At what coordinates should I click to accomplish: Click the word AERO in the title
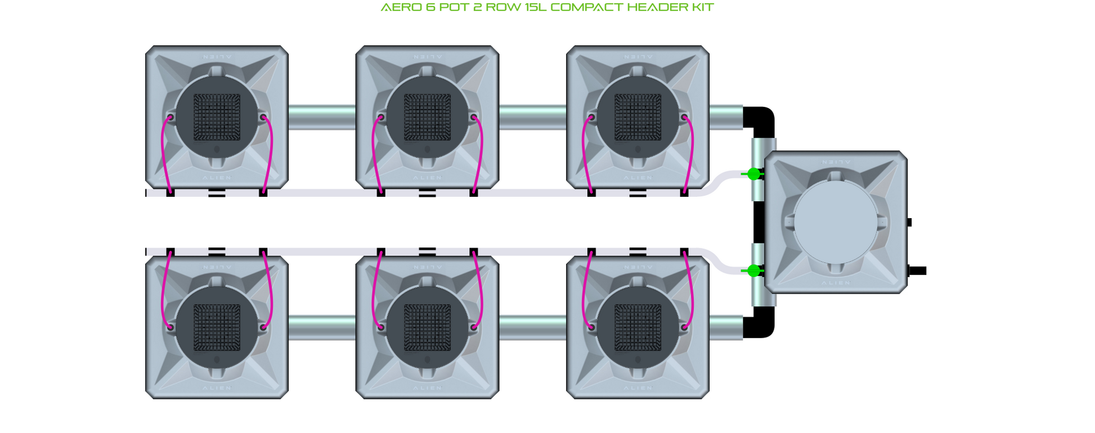(398, 7)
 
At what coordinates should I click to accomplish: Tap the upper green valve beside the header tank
(753, 174)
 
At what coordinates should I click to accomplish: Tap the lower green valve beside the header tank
(753, 271)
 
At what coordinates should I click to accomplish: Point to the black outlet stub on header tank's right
(917, 271)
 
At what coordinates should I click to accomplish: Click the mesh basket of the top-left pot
(217, 117)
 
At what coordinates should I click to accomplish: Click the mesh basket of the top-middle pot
(427, 117)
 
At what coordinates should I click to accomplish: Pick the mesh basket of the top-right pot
(638, 117)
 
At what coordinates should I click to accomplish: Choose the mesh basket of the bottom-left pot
(217, 327)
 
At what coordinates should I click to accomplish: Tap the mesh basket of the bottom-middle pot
(427, 327)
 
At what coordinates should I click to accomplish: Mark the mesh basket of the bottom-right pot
(638, 327)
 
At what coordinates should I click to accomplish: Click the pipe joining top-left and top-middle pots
(322, 118)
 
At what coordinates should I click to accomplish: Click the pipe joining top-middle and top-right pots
(532, 118)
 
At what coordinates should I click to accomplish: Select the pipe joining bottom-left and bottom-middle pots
(322, 328)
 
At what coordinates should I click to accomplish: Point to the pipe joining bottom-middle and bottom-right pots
(532, 328)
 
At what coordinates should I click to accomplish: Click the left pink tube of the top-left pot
(163, 152)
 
